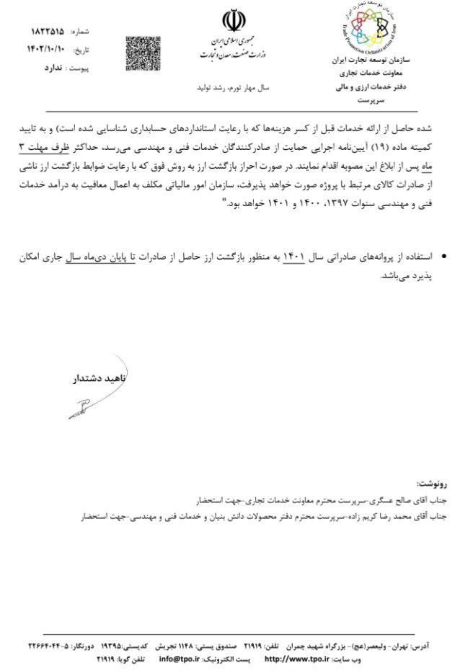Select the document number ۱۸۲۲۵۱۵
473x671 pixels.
tap(48, 32)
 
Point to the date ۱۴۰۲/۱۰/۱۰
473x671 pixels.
tap(45, 50)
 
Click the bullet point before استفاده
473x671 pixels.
tap(443, 257)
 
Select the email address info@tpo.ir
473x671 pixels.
tap(180, 658)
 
